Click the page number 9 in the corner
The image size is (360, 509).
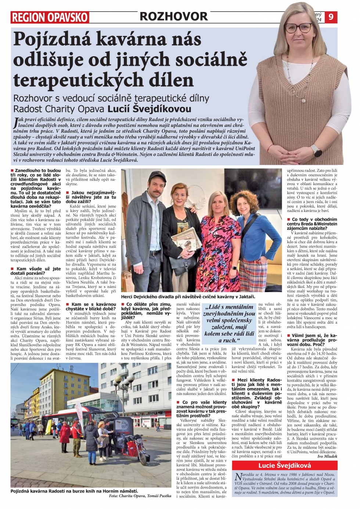coord(331,17)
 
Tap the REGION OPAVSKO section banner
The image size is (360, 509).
coord(50,17)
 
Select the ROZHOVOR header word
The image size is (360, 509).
coord(173,16)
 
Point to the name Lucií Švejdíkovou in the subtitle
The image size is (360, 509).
coord(149,109)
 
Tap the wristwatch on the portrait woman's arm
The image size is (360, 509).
coord(316,150)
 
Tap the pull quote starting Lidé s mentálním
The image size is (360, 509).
coord(229,324)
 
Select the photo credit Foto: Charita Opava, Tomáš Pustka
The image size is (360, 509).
coord(140,496)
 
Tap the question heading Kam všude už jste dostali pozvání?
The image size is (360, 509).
coord(36,271)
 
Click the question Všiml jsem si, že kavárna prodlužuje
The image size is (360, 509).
coord(312,340)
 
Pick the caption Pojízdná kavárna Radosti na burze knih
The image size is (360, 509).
coord(74,491)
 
